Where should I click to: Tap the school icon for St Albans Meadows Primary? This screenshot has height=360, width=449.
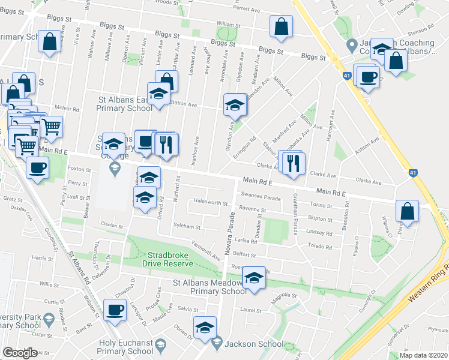(253, 278)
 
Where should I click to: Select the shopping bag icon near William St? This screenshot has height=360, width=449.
(281, 26)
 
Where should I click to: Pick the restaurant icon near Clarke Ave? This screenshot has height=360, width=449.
(293, 163)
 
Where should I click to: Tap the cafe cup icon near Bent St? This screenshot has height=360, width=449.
(114, 310)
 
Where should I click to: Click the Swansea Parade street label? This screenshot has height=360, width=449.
(261, 194)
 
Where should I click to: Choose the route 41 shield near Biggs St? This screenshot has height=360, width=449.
(347, 75)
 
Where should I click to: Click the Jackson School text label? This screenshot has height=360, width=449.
(253, 344)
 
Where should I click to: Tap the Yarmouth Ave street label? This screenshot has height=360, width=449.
(205, 251)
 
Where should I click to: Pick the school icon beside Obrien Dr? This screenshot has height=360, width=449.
(205, 327)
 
